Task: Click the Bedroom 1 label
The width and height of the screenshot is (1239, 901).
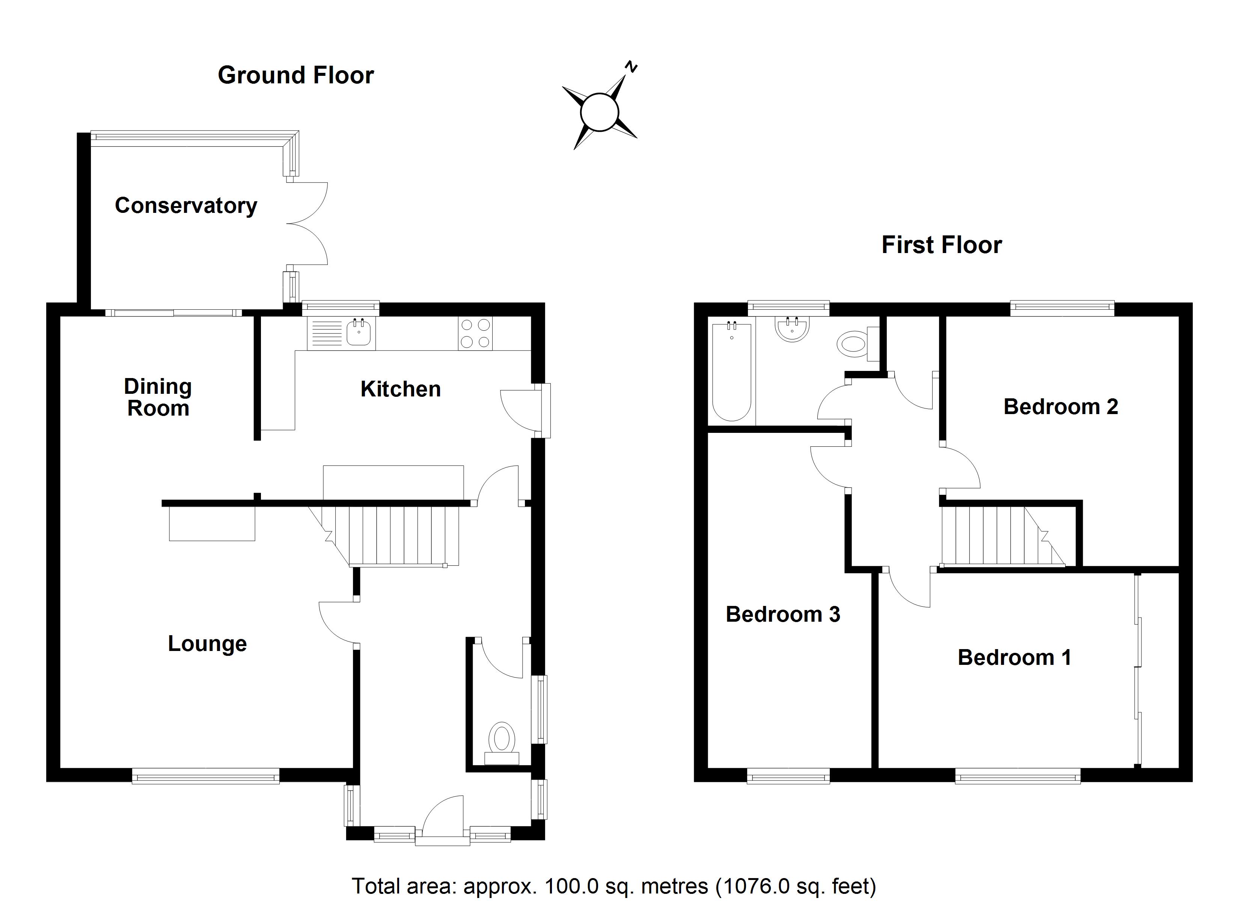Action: (x=1014, y=657)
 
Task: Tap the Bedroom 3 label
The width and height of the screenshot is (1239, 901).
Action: (x=783, y=615)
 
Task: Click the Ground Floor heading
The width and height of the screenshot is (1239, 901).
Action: (x=295, y=75)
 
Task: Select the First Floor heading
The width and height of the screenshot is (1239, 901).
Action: (x=942, y=245)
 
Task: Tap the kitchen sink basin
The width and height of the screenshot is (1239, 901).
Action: (x=359, y=333)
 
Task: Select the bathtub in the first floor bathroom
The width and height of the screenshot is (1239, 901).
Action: (x=731, y=372)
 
